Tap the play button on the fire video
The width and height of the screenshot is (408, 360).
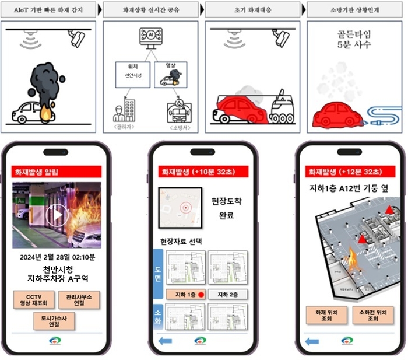pos(57,215)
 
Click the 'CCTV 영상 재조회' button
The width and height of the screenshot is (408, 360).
pos(34,300)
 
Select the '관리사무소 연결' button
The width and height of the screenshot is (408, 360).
pos(79,300)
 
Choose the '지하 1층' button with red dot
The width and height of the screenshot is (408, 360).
pos(185,294)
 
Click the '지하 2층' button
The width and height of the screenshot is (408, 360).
pos(227,294)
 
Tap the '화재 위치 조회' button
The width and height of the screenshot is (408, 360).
pos(326,314)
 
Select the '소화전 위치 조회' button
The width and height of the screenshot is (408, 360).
pos(372,314)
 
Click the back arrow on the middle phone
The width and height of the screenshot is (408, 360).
pos(165,340)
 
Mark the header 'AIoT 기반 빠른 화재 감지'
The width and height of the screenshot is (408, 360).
pos(48,11)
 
